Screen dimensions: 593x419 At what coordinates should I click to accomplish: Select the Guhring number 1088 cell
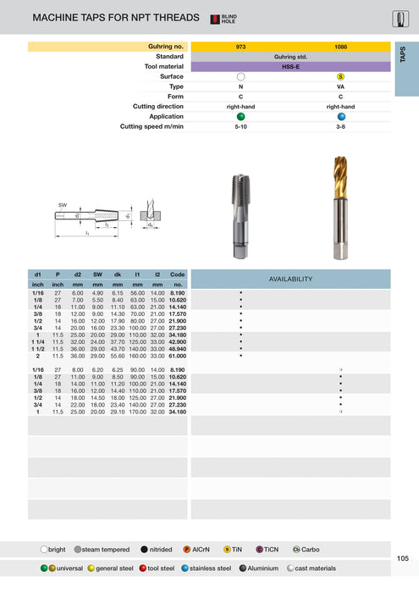coord(340,47)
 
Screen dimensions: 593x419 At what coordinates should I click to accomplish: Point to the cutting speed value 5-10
coord(240,125)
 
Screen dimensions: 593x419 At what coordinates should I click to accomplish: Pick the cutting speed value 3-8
coord(340,125)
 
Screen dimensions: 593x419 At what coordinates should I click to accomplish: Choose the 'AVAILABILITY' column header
coord(290,279)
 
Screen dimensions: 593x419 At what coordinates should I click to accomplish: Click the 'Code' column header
coord(178,274)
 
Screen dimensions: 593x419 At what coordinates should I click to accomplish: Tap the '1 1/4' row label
coord(38,341)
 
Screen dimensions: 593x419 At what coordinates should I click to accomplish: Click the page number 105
coord(402,558)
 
